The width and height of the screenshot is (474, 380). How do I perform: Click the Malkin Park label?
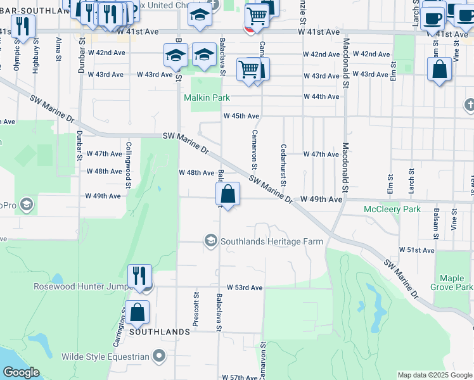(207, 98)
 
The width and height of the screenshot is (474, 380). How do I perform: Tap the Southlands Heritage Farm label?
(271, 241)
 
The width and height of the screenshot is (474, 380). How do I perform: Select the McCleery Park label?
(392, 209)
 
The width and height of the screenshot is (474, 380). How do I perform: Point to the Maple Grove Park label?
(452, 282)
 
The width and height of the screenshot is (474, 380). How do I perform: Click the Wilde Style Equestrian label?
(105, 357)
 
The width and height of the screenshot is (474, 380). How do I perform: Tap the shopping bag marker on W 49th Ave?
(228, 194)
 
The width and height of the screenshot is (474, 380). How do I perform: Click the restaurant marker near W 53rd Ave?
(139, 276)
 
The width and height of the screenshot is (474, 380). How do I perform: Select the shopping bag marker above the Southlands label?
(137, 312)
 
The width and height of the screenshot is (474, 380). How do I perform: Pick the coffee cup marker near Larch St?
(433, 18)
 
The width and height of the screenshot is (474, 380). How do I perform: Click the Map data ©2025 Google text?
(435, 375)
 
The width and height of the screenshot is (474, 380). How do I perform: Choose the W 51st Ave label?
(416, 251)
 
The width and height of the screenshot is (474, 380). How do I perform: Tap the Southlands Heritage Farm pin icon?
(210, 241)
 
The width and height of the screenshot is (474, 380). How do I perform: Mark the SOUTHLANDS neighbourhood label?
(160, 332)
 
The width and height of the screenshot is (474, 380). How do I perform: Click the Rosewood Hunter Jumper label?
(80, 286)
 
